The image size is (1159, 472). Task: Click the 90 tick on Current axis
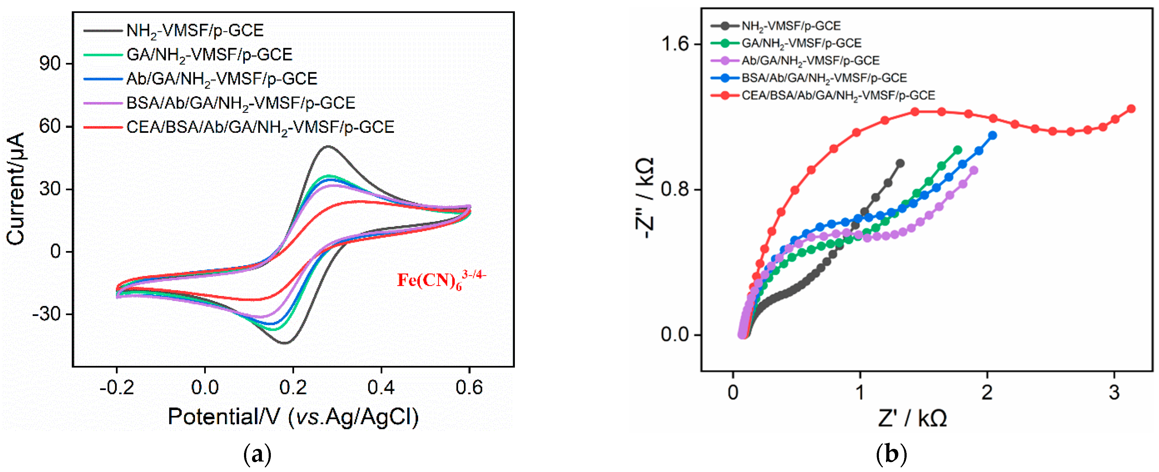[50, 64]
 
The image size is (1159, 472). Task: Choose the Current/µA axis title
[16, 189]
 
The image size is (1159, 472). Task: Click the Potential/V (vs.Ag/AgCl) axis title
[293, 417]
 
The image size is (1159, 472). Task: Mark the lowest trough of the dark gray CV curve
[285, 343]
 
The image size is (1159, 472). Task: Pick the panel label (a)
[257, 455]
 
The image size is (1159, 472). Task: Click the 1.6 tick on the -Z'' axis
[674, 44]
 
